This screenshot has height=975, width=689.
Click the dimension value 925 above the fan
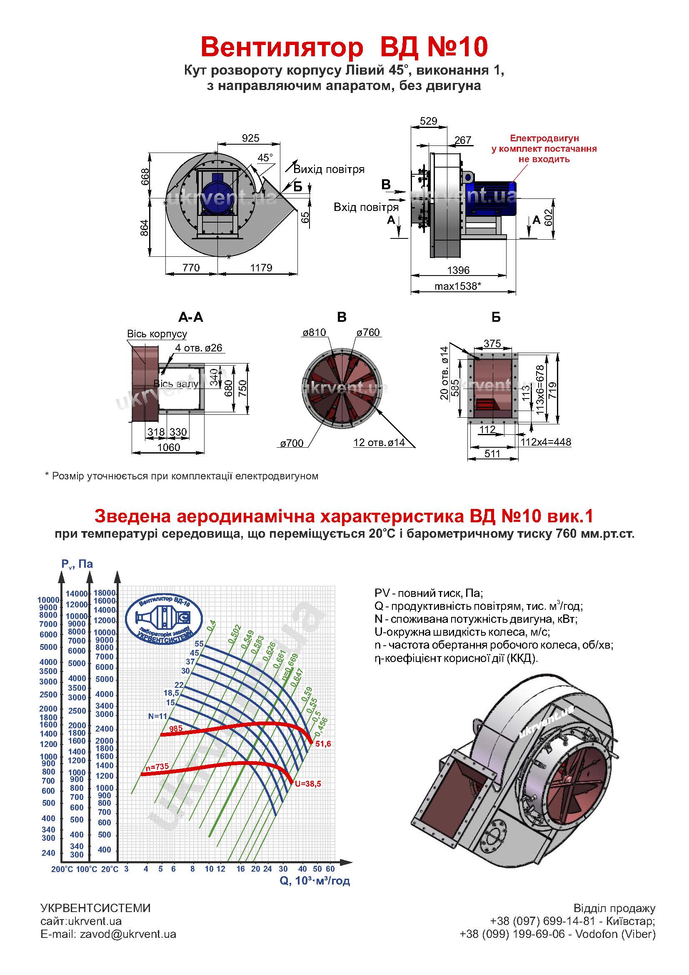[x=250, y=138]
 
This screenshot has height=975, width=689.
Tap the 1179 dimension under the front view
[x=261, y=268]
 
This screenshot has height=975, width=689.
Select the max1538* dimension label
[x=458, y=286]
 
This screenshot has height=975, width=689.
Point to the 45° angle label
[x=265, y=158]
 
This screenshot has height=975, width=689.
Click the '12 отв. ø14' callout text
[x=379, y=443]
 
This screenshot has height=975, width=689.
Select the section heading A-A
[x=190, y=317]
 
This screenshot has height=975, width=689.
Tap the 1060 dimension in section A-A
[x=168, y=447]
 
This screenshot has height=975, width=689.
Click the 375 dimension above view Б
[x=492, y=343]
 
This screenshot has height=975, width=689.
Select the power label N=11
[x=158, y=716]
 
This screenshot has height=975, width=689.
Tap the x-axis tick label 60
[x=330, y=869]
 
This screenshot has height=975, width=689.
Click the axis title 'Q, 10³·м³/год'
[x=315, y=881]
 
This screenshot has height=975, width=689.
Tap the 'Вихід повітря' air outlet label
[x=329, y=169]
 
